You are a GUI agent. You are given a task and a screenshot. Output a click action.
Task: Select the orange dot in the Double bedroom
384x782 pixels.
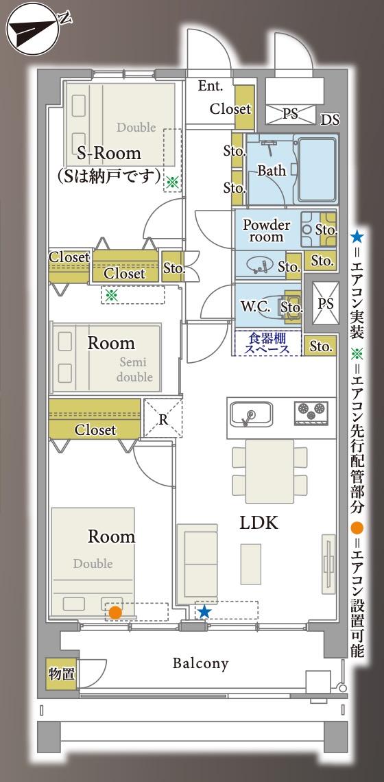pos(115,612)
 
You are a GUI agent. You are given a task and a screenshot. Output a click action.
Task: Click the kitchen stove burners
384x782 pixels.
pos(311,412)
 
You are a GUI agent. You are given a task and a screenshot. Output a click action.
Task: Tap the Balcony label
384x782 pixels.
pos(200,663)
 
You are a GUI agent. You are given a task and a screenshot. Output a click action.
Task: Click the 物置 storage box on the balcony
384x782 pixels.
pos(62,674)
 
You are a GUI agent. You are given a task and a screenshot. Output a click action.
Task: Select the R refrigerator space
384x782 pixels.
pos(163,418)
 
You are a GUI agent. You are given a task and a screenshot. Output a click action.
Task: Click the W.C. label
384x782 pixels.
pos(254,307)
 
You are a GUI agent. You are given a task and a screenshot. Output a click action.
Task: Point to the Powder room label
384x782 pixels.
pos(267,230)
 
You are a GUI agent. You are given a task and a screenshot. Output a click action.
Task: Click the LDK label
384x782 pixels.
pos(259,523)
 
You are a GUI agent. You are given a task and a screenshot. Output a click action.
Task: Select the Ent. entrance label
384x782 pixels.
pos(210,86)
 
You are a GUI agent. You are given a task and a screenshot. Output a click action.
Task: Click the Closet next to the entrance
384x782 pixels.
pos(230,109)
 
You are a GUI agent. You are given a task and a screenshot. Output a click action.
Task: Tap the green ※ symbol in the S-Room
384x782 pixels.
pos(172,182)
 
